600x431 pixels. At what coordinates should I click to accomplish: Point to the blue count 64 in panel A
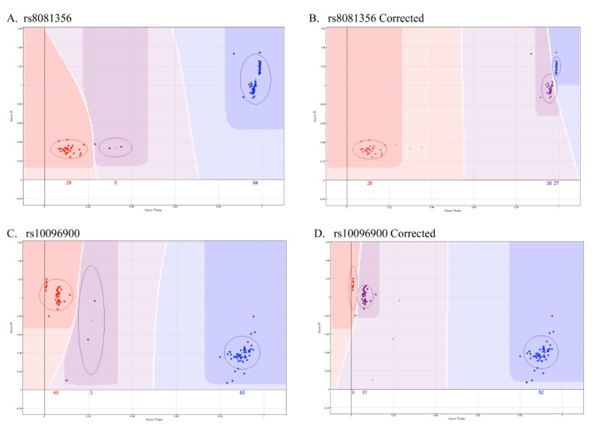tap(255, 183)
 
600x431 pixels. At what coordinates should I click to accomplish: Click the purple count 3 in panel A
tap(115, 183)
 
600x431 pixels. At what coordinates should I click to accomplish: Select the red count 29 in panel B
tap(370, 183)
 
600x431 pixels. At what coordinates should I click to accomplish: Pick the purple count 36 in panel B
tap(548, 183)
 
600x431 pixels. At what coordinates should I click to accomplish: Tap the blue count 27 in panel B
tap(556, 183)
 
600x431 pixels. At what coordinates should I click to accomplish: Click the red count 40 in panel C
tap(56, 393)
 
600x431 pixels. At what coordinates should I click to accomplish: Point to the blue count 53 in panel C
tap(242, 393)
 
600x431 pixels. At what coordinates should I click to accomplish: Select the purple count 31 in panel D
tap(365, 393)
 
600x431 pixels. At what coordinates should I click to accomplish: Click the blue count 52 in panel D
tap(541, 393)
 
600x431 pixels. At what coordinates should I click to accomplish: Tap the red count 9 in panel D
tap(353, 393)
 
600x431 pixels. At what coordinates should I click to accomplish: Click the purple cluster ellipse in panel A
tap(115, 147)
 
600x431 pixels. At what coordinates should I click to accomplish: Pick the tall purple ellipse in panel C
tap(91, 319)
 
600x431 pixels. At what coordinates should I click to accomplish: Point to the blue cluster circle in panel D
tap(541, 352)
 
